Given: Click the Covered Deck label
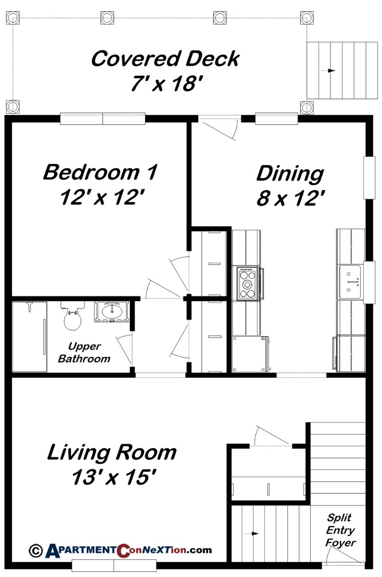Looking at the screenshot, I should click(165, 59).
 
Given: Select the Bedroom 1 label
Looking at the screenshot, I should click(100, 172).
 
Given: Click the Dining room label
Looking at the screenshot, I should click(290, 173).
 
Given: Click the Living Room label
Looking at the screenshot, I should click(112, 452).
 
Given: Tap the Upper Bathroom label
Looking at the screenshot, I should click(84, 353).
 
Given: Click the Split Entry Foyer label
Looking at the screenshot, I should click(341, 530).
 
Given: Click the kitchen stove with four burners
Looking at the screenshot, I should click(247, 284).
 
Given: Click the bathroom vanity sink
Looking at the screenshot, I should click(112, 312).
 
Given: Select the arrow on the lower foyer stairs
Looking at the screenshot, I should click(254, 533).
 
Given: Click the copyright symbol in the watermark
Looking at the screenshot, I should click(36, 550).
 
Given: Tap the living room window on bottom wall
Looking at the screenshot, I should click(114, 566).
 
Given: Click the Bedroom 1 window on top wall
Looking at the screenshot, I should click(103, 119).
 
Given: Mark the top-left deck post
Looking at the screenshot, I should click(12, 18).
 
